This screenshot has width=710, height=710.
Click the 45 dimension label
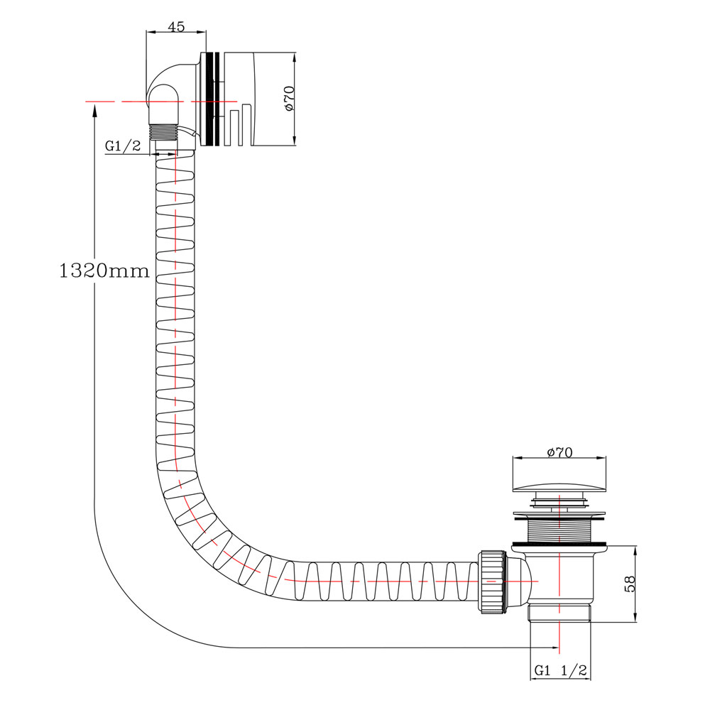pyautogui.click(x=176, y=27)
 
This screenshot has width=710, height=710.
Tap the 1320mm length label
pyautogui.click(x=104, y=271)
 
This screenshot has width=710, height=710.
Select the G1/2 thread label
pyautogui.click(x=123, y=146)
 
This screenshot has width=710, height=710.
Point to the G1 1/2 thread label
pyautogui.click(x=561, y=670)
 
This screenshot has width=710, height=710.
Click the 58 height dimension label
pyautogui.click(x=629, y=584)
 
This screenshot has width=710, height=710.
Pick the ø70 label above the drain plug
pyautogui.click(x=559, y=452)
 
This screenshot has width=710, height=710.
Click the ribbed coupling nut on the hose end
pyautogui.click(x=492, y=581)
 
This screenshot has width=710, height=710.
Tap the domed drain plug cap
pyautogui.click(x=559, y=487)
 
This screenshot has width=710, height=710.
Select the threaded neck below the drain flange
pyautogui.click(x=559, y=530)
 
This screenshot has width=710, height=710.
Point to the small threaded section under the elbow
pyautogui.click(x=163, y=132)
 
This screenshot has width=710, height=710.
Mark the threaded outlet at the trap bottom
pyautogui.click(x=559, y=613)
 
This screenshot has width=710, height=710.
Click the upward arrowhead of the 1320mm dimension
pyautogui.click(x=94, y=109)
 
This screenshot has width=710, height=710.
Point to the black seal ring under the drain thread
pyautogui.click(x=559, y=543)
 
